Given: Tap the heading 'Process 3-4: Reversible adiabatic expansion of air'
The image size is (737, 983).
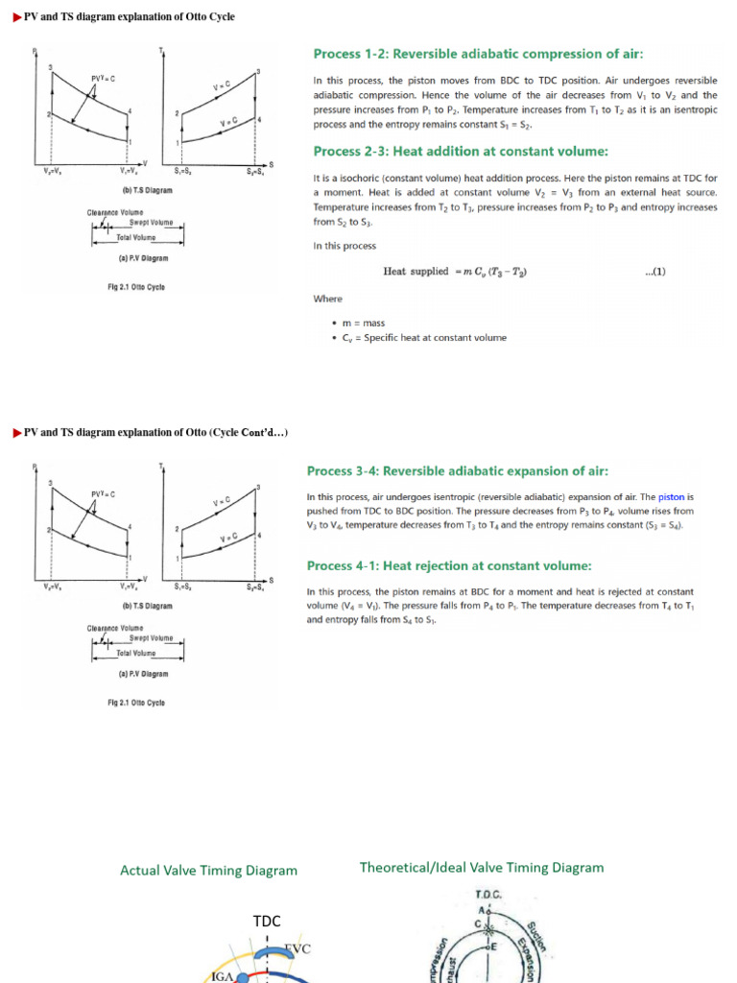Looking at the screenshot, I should click(x=457, y=470).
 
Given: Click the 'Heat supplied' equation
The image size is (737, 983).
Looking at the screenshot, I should click(x=455, y=272).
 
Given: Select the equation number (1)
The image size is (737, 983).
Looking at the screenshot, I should click(x=655, y=272).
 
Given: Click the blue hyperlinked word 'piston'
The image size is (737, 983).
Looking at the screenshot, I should click(x=671, y=497).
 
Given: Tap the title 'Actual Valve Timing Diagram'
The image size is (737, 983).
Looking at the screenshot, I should click(x=208, y=871).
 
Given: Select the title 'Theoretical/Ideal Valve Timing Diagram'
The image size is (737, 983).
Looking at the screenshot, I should click(x=482, y=868).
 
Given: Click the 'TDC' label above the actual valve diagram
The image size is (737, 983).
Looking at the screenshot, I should click(x=267, y=922).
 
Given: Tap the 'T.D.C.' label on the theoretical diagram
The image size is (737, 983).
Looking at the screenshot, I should click(x=489, y=894).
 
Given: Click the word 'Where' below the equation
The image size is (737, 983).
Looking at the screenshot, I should click(x=327, y=299).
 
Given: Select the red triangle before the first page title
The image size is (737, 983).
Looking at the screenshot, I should click(x=16, y=17).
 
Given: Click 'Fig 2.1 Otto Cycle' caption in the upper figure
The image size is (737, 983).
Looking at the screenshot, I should click(x=135, y=287).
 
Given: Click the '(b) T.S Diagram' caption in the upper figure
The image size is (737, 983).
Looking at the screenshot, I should click(x=147, y=190).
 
